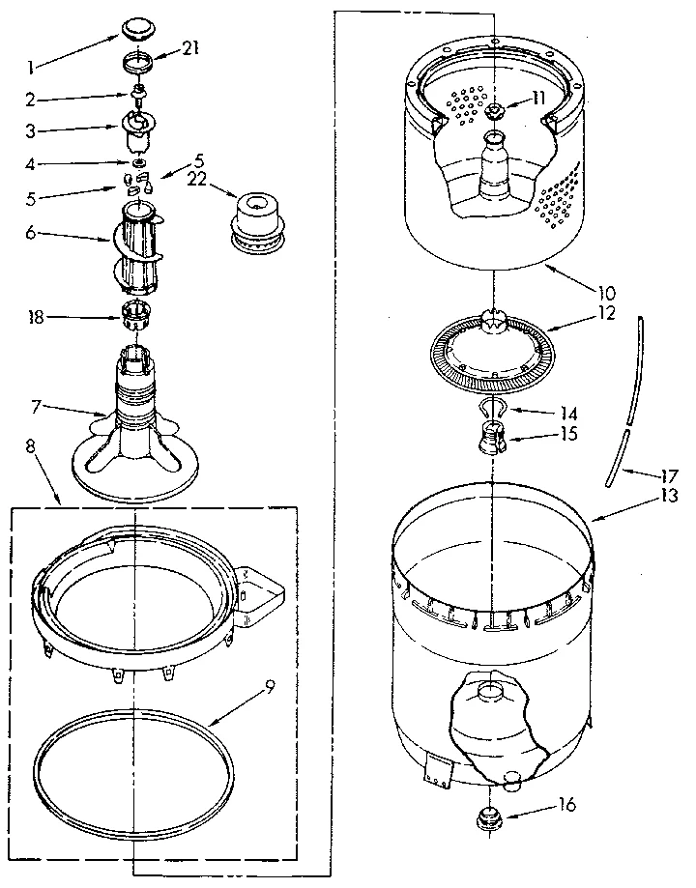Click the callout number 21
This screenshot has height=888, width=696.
coord(189,50)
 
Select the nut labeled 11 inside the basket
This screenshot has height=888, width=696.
coord(495,113)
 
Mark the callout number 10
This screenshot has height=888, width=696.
coord(607,291)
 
